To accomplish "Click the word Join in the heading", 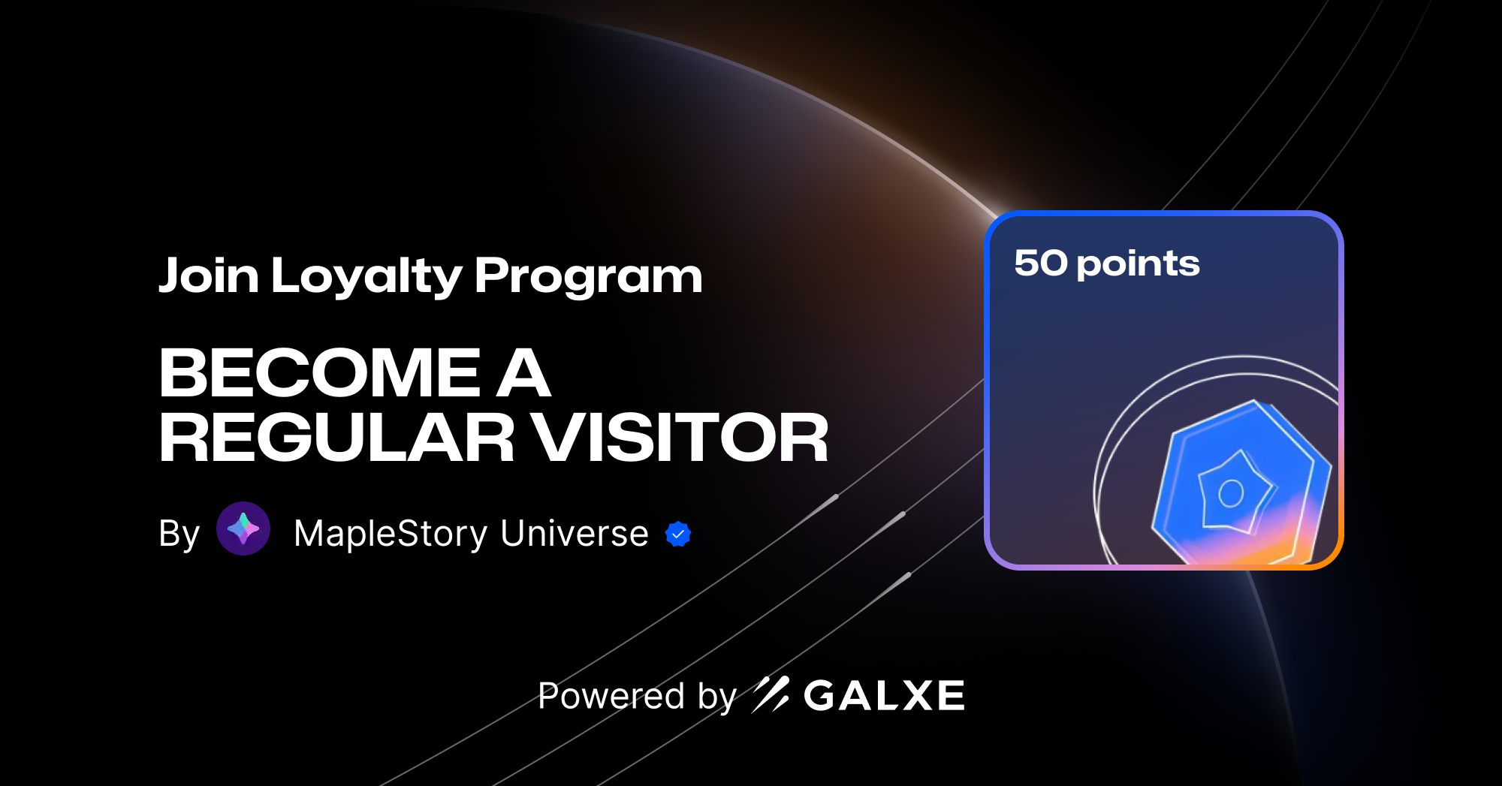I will coord(208,276).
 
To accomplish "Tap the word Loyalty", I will coord(366,276).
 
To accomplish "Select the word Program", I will coord(588,276).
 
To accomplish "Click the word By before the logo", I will coord(179,534).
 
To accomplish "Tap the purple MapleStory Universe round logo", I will coord(243,529).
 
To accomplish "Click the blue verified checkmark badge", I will coord(678,534).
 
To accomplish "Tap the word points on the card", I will coord(1138,264).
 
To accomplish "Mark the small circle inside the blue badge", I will coord(1231,493).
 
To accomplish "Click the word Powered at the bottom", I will coord(611,696).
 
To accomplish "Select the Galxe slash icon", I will coord(771,694).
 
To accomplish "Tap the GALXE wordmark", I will coord(884,695).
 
